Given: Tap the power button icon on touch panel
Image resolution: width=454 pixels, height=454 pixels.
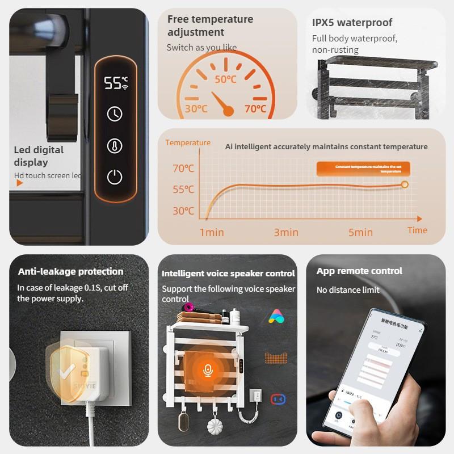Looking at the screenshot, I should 115,177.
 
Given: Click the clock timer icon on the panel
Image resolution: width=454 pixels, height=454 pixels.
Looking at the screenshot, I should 115,114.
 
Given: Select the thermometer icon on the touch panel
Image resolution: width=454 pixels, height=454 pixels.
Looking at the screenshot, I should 115,146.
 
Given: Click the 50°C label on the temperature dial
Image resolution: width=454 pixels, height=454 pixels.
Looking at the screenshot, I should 225,79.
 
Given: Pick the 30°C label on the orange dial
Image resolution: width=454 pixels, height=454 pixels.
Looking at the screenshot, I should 196,108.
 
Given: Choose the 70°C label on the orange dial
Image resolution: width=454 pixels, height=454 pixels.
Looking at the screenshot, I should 255,108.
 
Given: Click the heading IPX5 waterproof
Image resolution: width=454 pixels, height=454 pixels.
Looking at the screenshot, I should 352,23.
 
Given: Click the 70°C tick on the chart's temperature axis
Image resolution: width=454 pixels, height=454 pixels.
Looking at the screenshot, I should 183,169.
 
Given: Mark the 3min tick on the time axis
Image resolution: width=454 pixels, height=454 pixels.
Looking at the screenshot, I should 286,232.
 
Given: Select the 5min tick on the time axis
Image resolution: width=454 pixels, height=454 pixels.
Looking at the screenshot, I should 360,232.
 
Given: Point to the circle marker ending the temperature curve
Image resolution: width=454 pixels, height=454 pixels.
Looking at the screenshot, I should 405,184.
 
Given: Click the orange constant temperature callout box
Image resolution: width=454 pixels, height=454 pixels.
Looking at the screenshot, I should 363,169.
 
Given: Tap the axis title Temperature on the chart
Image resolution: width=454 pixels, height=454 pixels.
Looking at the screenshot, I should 188,143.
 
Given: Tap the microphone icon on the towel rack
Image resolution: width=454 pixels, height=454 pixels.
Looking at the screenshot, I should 208,371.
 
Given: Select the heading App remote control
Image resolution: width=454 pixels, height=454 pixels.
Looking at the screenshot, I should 359,271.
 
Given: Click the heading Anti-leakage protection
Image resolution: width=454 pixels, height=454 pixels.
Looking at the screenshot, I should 70,271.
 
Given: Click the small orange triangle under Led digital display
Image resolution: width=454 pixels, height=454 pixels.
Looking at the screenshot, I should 19,183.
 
